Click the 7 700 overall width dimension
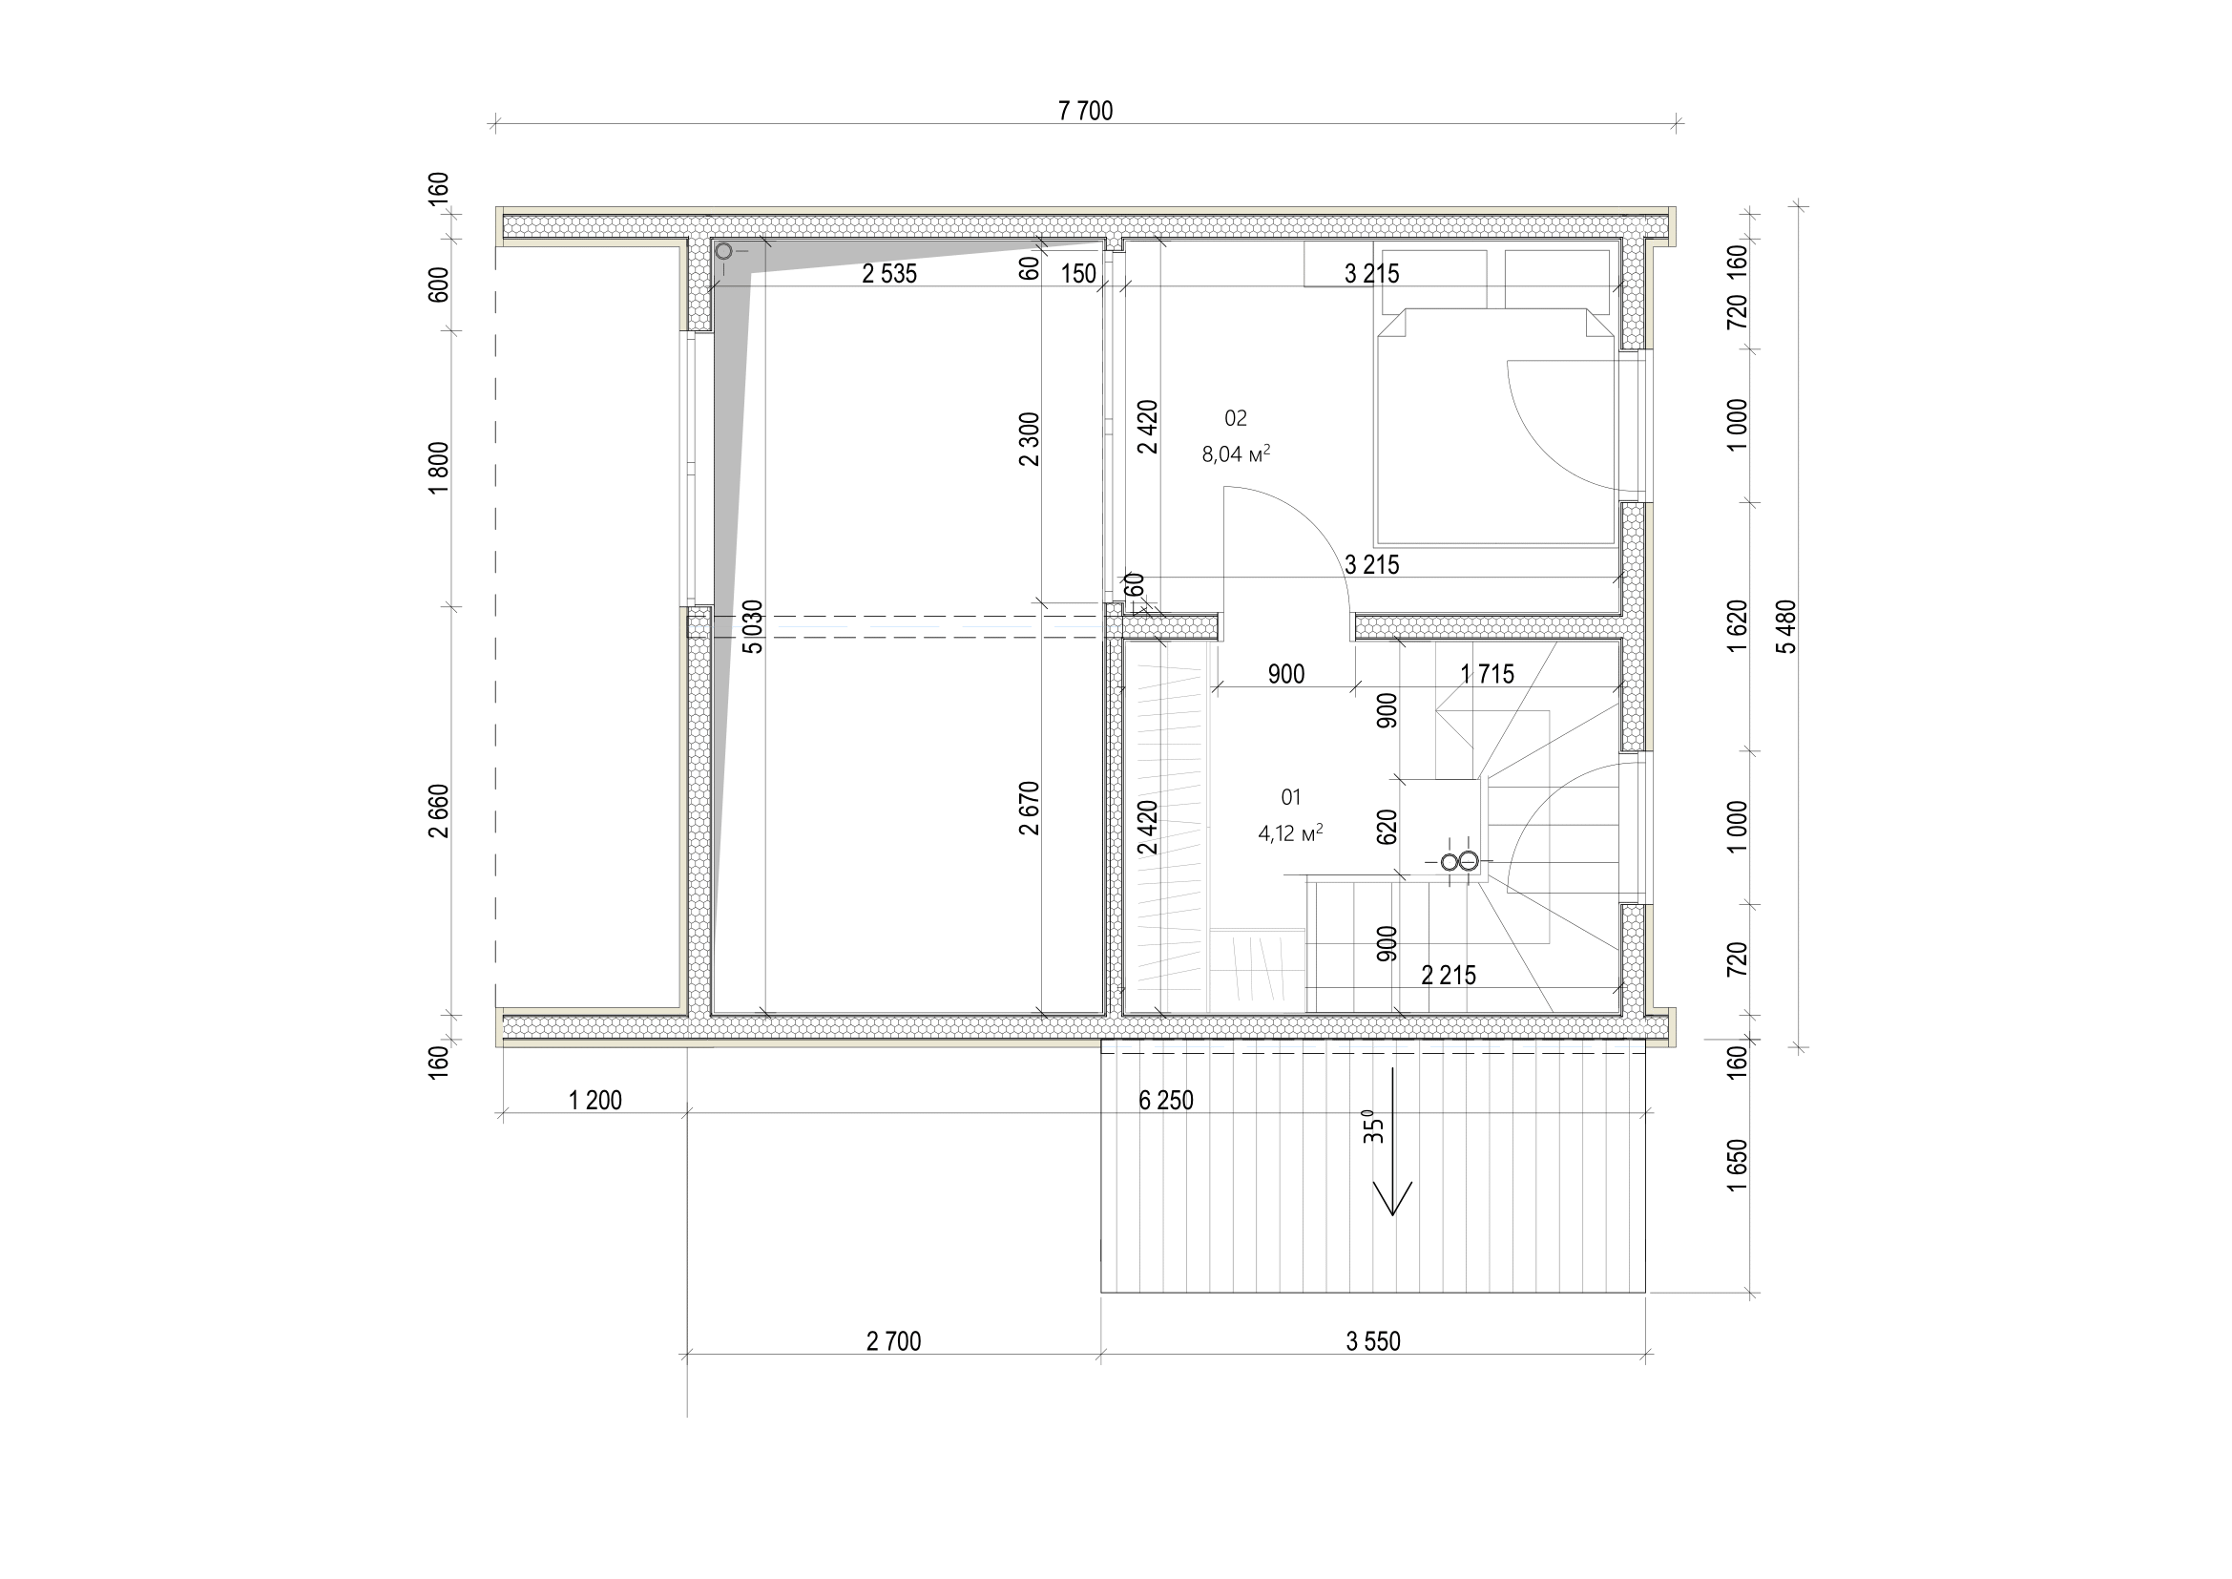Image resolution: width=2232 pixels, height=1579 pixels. [x=1085, y=111]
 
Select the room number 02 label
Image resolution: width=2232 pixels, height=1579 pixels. [x=1236, y=418]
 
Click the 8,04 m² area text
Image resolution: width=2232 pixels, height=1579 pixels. [x=1237, y=454]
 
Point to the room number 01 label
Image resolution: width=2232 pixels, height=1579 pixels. [x=1291, y=797]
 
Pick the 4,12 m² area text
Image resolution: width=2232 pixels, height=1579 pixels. [x=1291, y=833]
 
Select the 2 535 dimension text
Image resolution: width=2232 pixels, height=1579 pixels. [x=889, y=274]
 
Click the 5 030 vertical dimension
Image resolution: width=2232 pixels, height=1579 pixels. [x=752, y=627]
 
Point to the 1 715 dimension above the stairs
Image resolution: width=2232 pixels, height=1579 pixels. [x=1488, y=674]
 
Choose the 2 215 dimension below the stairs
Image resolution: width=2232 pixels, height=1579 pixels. [x=1449, y=976]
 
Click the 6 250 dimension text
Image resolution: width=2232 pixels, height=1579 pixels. [x=1165, y=1101]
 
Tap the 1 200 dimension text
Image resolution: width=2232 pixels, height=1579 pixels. [x=595, y=1101]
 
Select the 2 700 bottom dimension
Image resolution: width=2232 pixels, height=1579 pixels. [x=893, y=1341]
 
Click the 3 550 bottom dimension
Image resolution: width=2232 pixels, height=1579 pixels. [x=1372, y=1341]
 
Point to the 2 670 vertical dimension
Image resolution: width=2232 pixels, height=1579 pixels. [x=1030, y=808]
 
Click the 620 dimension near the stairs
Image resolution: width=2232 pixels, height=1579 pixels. [x=1387, y=827]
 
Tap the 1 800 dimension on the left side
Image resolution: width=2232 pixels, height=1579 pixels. [x=439, y=468]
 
